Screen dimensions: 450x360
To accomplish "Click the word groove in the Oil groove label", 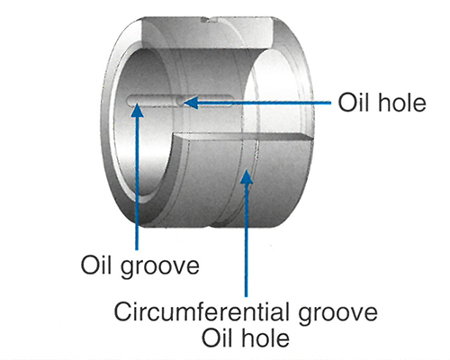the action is coord(160,267).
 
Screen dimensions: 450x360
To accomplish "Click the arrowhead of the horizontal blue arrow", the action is coord(191,103).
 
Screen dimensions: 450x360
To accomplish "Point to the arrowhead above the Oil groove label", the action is coord(138,110).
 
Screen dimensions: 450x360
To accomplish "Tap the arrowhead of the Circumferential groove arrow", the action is coord(246,176).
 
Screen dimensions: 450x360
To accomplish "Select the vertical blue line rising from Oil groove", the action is coord(137,183).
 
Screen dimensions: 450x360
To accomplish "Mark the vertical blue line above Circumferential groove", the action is coord(247,240).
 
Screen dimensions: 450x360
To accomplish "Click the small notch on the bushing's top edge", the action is coord(209,20).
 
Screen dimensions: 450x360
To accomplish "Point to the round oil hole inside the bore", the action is coord(179,103).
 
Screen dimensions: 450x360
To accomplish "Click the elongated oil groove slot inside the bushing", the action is coord(180,101).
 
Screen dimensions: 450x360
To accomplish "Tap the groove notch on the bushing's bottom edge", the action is coord(211,224).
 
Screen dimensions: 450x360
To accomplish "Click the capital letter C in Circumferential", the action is coord(122,312).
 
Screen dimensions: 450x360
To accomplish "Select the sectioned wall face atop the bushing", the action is coord(207,32).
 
